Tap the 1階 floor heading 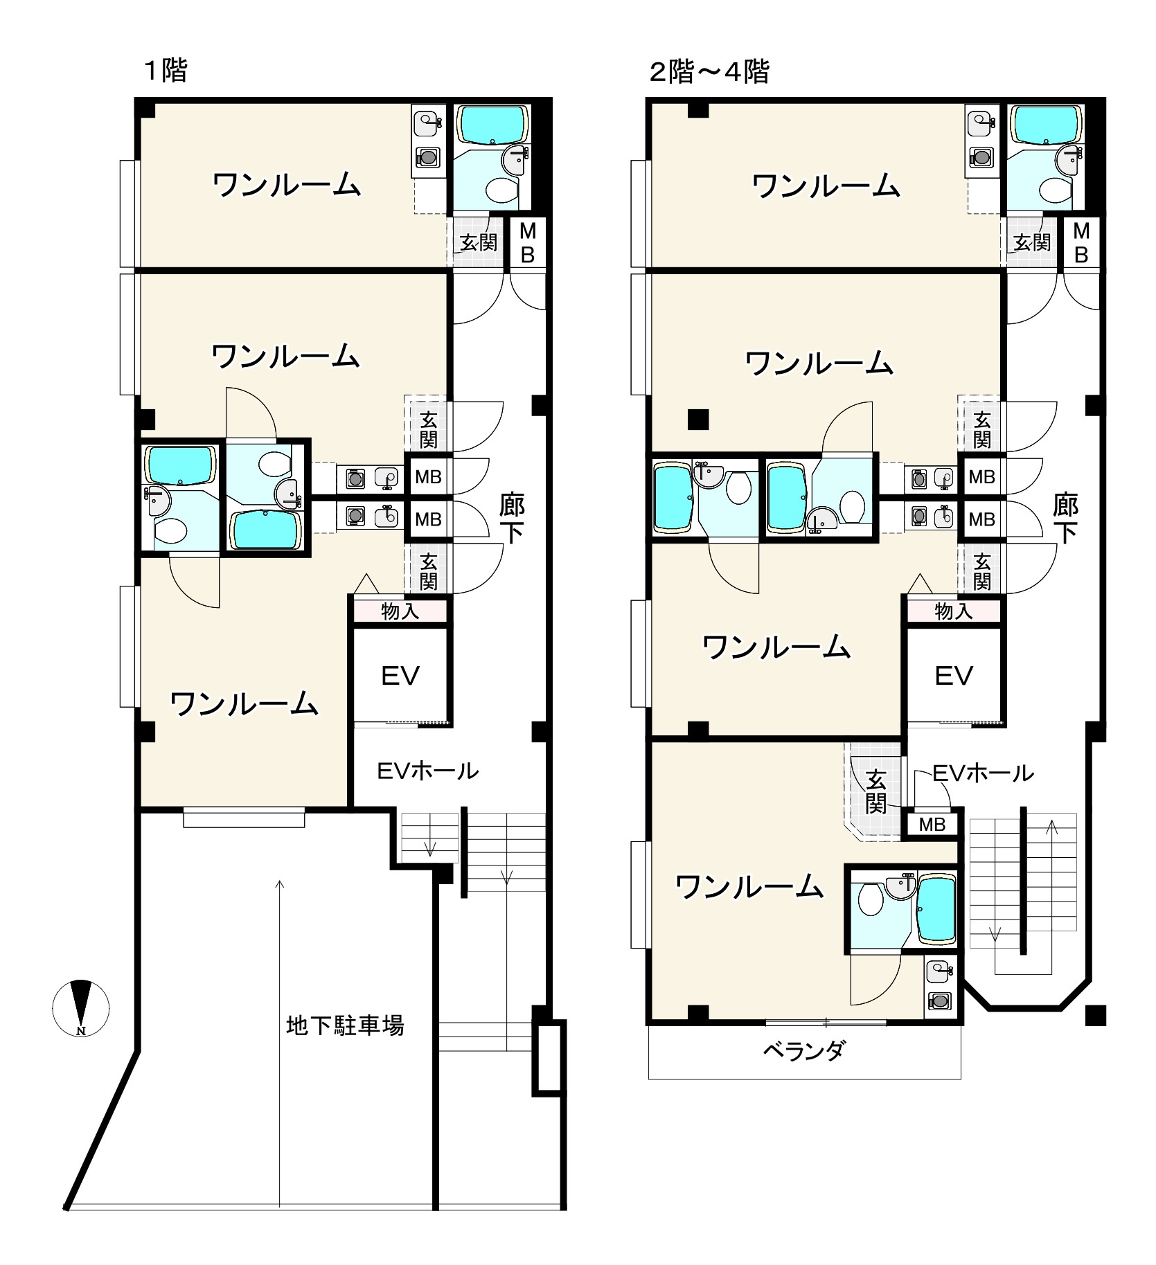[x=166, y=71]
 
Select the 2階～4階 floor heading [x=709, y=71]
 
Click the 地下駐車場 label [x=345, y=1025]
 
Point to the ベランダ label [x=804, y=1052]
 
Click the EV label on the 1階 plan [x=400, y=676]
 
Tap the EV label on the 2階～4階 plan [x=954, y=676]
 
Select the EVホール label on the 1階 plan [x=427, y=771]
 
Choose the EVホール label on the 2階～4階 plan [x=984, y=773]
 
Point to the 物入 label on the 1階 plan [x=400, y=611]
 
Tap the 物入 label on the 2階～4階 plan [x=954, y=611]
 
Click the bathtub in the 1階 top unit [x=492, y=125]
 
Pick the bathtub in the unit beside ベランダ [x=937, y=909]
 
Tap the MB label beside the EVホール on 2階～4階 [x=932, y=825]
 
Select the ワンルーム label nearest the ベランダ [x=749, y=886]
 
